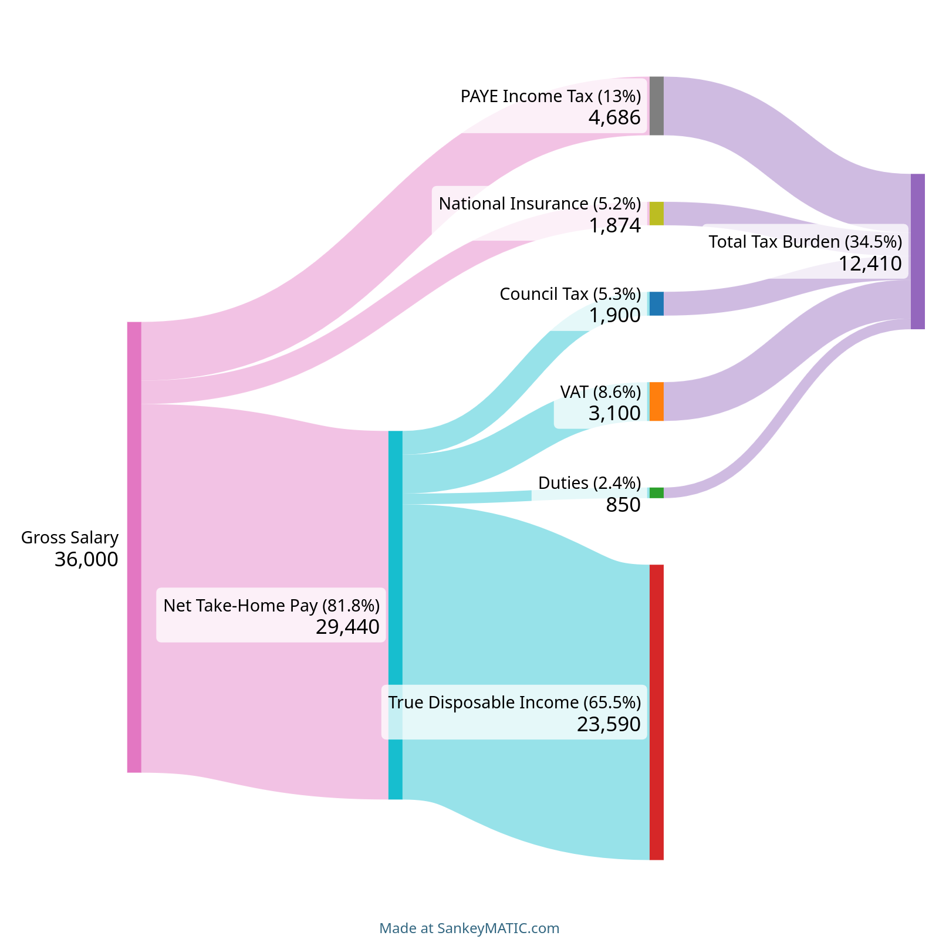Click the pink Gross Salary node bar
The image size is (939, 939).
pyautogui.click(x=134, y=547)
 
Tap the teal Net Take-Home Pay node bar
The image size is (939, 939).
pyautogui.click(x=396, y=615)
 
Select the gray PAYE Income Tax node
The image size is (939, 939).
pyautogui.click(x=656, y=106)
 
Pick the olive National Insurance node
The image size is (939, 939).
pyautogui.click(x=656, y=214)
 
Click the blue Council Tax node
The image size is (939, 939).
pyautogui.click(x=656, y=303)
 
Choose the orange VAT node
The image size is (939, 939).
pyautogui.click(x=656, y=401)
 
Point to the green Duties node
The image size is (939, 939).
pyautogui.click(x=656, y=493)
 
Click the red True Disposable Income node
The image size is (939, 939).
pyautogui.click(x=656, y=712)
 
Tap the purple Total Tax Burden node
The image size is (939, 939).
pyautogui.click(x=917, y=251)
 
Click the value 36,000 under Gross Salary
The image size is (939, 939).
pyautogui.click(x=86, y=560)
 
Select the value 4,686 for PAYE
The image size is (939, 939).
pyautogui.click(x=614, y=118)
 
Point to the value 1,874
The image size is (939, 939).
pyautogui.click(x=615, y=225)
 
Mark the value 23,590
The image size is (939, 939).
pyautogui.click(x=609, y=725)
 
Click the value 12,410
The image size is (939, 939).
pyautogui.click(x=870, y=264)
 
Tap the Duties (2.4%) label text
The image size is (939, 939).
pyautogui.click(x=589, y=483)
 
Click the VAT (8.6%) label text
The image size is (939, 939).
pyautogui.click(x=600, y=391)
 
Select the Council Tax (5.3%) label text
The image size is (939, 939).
pyautogui.click(x=570, y=294)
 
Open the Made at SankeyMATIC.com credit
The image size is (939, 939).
pyautogui.click(x=469, y=928)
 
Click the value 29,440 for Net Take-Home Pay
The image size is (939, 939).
pyautogui.click(x=347, y=627)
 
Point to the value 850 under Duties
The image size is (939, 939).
pyautogui.click(x=623, y=505)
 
